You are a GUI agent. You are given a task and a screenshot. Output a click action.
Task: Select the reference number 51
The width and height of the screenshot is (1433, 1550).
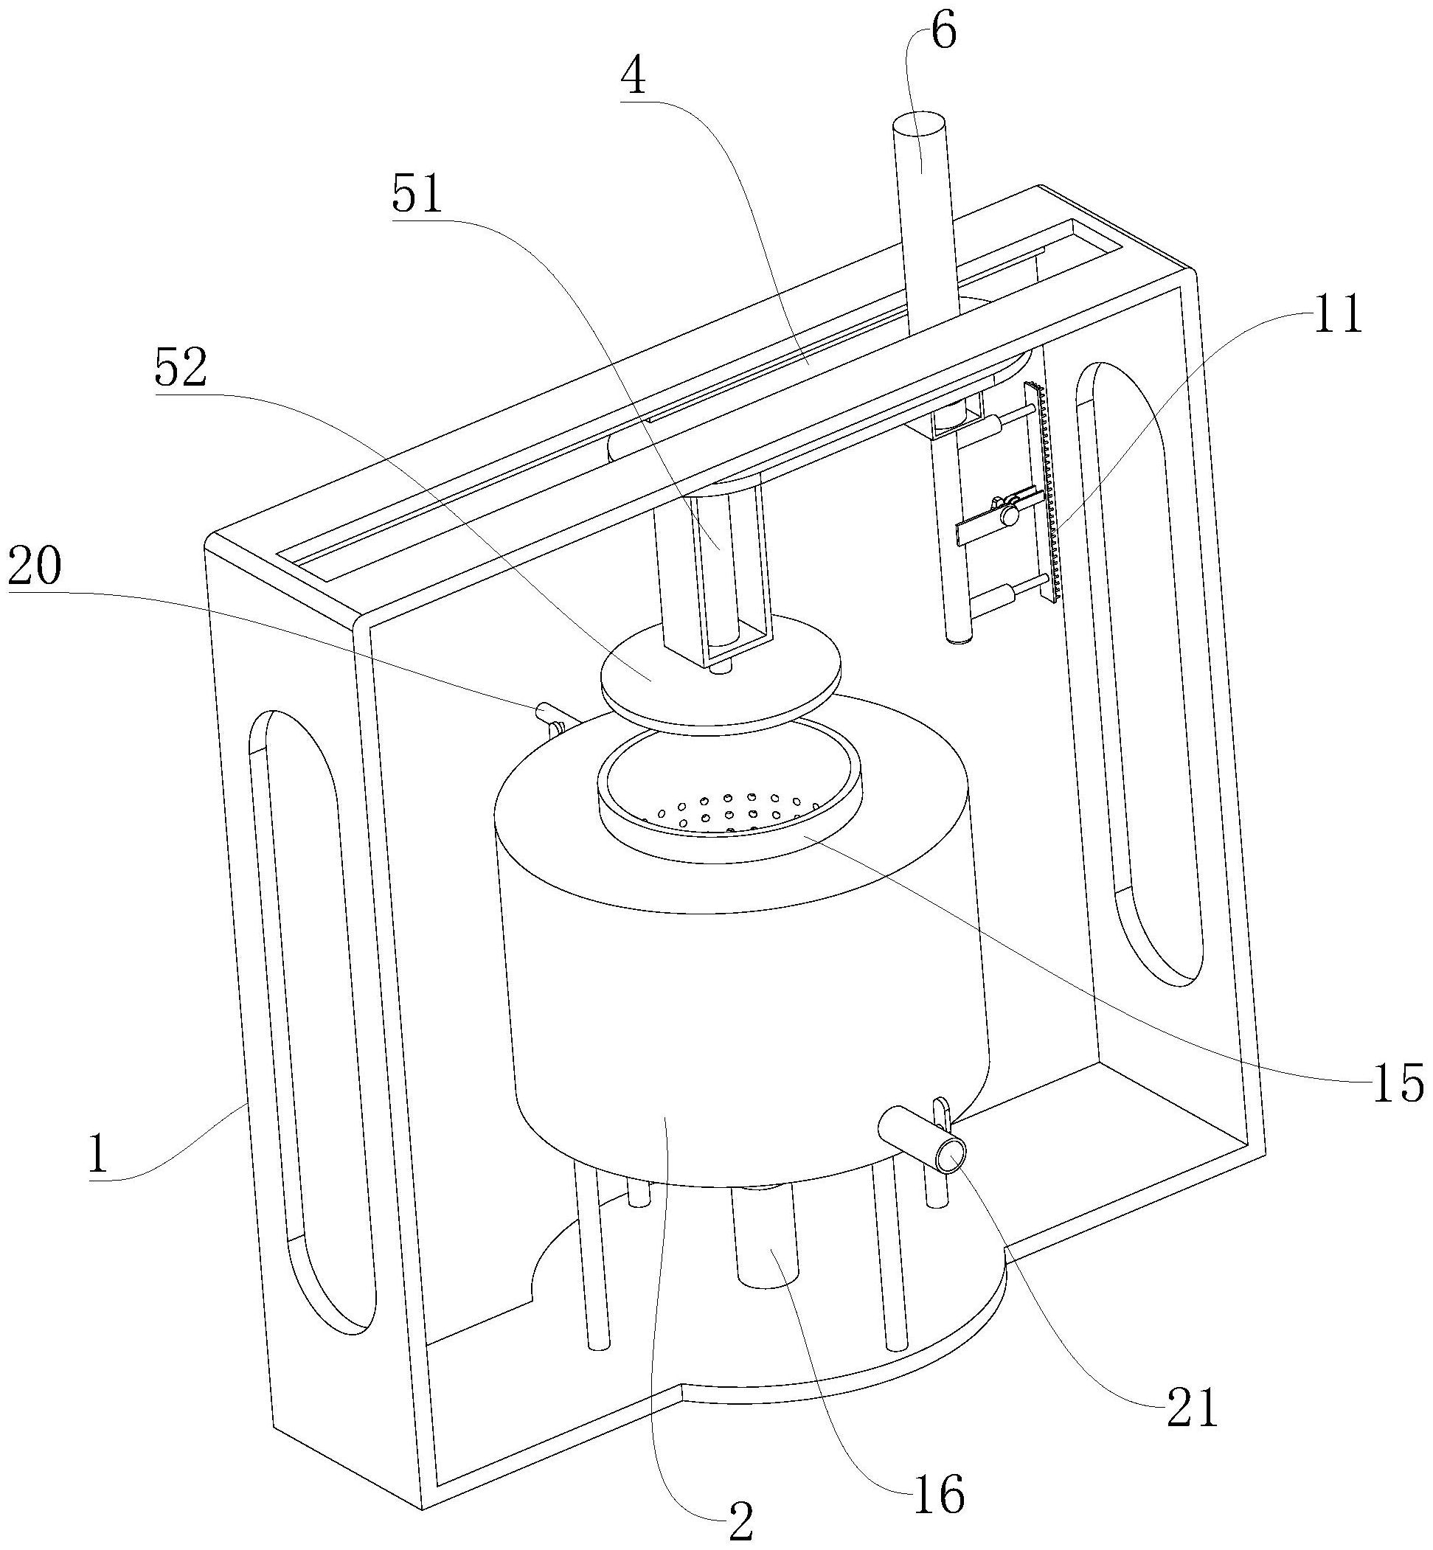point(418,193)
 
